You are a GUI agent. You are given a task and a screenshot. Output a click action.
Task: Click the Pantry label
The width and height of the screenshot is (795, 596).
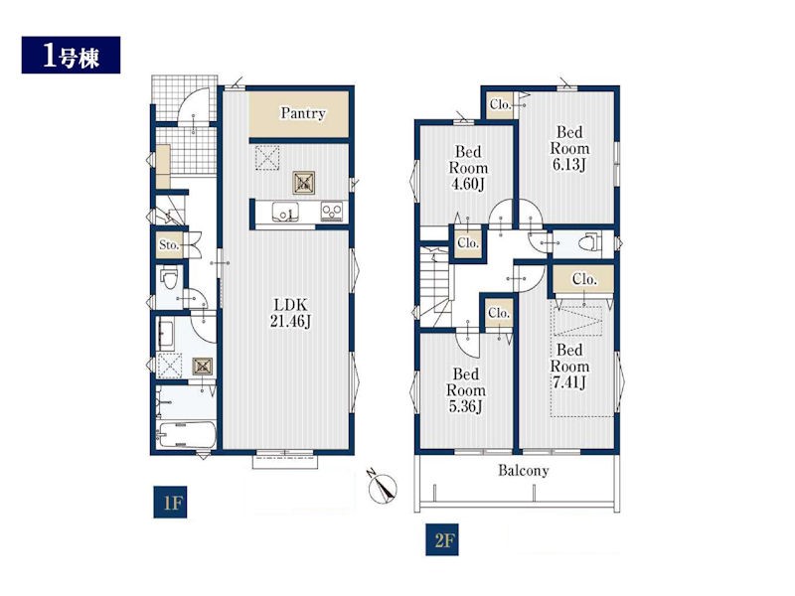tap(303, 113)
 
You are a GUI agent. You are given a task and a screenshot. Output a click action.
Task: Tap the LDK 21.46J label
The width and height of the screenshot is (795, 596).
tap(290, 313)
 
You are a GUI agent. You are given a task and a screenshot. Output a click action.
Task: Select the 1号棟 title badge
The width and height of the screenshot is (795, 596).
tap(71, 55)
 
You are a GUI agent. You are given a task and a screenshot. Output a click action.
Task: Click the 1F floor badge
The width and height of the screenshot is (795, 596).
tap(170, 503)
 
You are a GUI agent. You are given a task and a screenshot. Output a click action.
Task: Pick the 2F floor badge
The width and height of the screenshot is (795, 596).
tap(442, 539)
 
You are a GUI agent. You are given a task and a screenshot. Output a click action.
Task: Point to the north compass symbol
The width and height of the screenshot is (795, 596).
tap(383, 487)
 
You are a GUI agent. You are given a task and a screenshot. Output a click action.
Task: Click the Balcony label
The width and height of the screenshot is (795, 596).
tap(524, 471)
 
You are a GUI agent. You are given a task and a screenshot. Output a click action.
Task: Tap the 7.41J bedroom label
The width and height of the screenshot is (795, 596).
tap(569, 366)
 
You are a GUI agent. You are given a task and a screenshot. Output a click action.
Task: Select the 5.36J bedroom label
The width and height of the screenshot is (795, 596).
tap(466, 390)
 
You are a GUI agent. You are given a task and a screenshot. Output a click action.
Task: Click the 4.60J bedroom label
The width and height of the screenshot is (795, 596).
tap(468, 168)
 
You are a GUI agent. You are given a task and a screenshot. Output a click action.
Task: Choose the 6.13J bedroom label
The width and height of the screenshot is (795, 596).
tap(569, 148)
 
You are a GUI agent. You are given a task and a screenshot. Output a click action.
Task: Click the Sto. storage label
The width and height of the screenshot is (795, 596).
tap(169, 244)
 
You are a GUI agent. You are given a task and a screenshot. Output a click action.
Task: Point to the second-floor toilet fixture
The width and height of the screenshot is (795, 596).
tap(589, 242)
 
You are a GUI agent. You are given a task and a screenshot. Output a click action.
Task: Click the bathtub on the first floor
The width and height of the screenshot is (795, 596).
tap(187, 435)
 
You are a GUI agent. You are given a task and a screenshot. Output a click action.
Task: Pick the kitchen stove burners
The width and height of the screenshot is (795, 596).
tap(332, 211)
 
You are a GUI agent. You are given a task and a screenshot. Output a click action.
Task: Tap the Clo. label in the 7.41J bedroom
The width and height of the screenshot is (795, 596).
tap(584, 279)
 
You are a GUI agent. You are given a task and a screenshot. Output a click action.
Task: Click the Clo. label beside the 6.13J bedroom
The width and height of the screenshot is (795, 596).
tap(500, 105)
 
